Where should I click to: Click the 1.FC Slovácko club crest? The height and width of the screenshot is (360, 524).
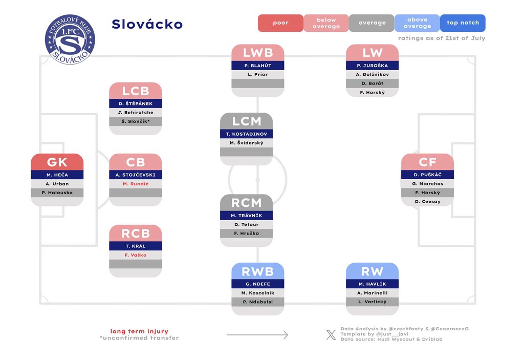tap(70, 39)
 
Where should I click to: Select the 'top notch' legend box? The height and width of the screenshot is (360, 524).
tap(463, 23)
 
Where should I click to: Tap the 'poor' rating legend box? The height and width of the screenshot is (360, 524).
tap(281, 23)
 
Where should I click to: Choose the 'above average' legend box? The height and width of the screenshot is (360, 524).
tap(417, 23)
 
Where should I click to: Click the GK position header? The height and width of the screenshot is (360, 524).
tap(57, 162)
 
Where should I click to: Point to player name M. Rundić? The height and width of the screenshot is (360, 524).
tap(135, 184)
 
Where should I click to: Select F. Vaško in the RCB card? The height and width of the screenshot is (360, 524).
tap(135, 255)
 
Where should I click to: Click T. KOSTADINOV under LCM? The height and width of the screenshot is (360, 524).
tap(246, 134)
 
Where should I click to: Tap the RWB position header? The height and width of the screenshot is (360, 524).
tap(258, 271)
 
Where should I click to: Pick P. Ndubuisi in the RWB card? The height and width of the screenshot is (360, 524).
tap(258, 302)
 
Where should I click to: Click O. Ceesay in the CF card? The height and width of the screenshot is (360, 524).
tap(427, 202)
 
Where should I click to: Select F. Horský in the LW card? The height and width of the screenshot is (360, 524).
tap(373, 92)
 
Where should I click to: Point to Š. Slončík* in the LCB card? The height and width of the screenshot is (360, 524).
tap(135, 121)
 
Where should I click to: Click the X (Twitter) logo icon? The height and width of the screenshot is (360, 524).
tap(331, 334)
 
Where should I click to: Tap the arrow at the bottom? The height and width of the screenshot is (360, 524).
tap(257, 334)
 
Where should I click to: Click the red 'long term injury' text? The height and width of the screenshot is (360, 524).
tap(139, 331)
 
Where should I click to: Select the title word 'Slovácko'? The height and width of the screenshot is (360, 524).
tap(147, 24)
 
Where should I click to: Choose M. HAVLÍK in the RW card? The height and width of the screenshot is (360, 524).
tap(373, 284)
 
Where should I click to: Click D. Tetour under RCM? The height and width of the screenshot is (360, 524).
tap(246, 224)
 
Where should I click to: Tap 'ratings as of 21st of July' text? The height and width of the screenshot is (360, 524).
tap(442, 38)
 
